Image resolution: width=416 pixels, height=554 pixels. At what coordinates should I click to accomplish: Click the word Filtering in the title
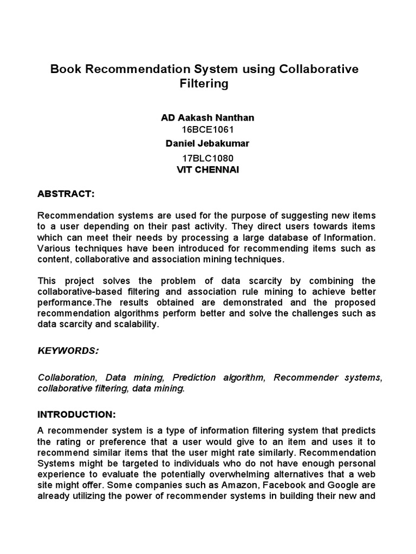click(x=204, y=84)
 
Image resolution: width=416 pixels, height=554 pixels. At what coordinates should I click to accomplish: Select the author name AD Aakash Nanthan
click(x=207, y=117)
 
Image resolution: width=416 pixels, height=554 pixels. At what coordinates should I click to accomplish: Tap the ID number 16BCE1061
click(x=207, y=130)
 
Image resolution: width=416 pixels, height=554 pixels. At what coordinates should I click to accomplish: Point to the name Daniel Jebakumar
click(x=207, y=143)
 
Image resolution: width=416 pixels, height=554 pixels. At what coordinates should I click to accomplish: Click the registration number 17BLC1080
click(x=207, y=159)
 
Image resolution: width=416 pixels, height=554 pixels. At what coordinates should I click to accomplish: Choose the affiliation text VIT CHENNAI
click(x=207, y=169)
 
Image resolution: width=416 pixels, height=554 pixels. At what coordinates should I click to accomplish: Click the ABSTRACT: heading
click(x=66, y=194)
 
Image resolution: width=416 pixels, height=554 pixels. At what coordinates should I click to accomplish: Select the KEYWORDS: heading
click(x=68, y=351)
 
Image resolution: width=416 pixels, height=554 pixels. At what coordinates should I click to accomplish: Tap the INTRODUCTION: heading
click(x=76, y=414)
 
